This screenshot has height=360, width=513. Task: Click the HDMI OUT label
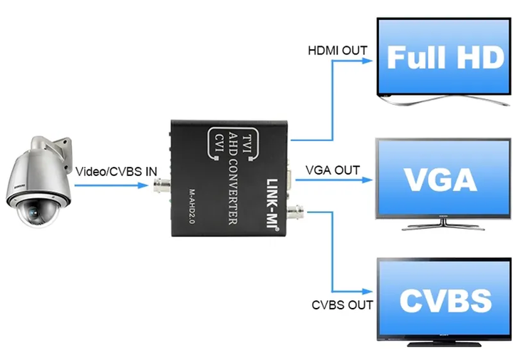tap(338, 51)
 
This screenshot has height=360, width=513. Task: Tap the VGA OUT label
tap(333, 170)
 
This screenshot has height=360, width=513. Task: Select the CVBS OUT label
tap(342, 305)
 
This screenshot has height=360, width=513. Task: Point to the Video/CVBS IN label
tap(116, 172)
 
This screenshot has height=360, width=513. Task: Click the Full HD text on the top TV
tap(445, 57)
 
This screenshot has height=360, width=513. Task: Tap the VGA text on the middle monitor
tap(440, 180)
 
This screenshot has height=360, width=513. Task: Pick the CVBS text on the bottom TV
tap(445, 300)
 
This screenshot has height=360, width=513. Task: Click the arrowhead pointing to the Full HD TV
tap(368, 61)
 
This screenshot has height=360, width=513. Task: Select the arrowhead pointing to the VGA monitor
tap(367, 180)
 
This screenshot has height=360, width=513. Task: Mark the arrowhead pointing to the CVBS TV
tap(367, 292)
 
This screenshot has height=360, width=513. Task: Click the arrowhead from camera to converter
tap(143, 185)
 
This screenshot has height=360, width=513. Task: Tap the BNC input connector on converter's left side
tap(162, 185)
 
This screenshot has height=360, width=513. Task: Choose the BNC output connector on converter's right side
tap(295, 212)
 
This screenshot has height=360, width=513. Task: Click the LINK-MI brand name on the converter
tap(272, 205)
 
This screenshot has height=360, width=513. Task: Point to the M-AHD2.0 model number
tap(192, 206)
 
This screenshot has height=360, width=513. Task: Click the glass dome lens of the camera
tap(36, 212)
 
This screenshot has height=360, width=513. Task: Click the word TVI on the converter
tap(247, 144)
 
